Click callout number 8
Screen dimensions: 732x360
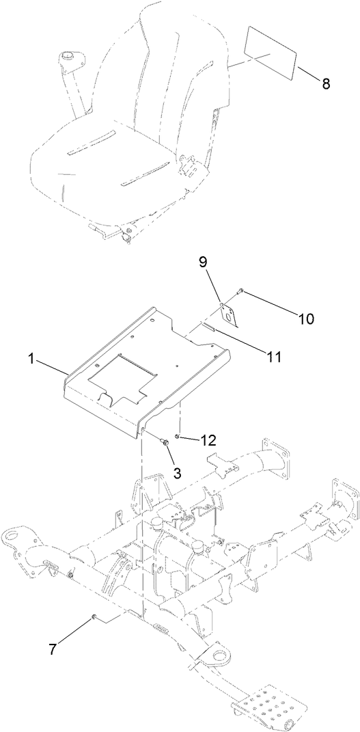click(x=325, y=84)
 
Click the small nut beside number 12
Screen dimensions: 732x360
click(x=178, y=436)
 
